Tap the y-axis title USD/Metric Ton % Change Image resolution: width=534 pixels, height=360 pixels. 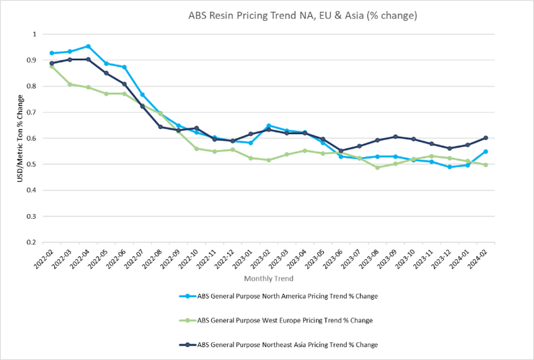tap(20, 138)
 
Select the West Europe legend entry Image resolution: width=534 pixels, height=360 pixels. tap(285, 321)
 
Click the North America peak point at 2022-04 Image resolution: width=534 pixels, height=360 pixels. tap(88, 46)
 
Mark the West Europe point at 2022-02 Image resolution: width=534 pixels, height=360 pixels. tap(52, 66)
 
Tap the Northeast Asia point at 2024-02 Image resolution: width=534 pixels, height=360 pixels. tap(485, 138)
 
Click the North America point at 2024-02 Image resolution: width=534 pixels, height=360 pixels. tap(485, 152)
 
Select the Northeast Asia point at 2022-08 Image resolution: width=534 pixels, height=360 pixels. tap(160, 127)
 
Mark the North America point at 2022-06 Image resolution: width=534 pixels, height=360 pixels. tap(124, 67)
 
